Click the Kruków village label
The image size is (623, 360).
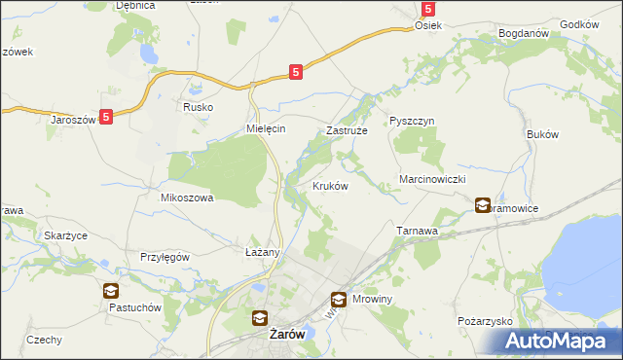[330, 186]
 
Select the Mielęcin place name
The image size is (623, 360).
[264, 128]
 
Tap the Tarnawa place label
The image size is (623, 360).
[420, 231]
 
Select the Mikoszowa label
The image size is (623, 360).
[186, 197]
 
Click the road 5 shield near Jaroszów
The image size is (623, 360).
[106, 116]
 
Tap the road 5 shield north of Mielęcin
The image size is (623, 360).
[296, 71]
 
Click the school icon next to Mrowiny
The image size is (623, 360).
[339, 301]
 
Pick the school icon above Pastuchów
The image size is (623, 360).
[111, 290]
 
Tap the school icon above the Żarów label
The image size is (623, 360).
[260, 316]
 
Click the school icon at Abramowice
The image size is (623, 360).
[484, 205]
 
